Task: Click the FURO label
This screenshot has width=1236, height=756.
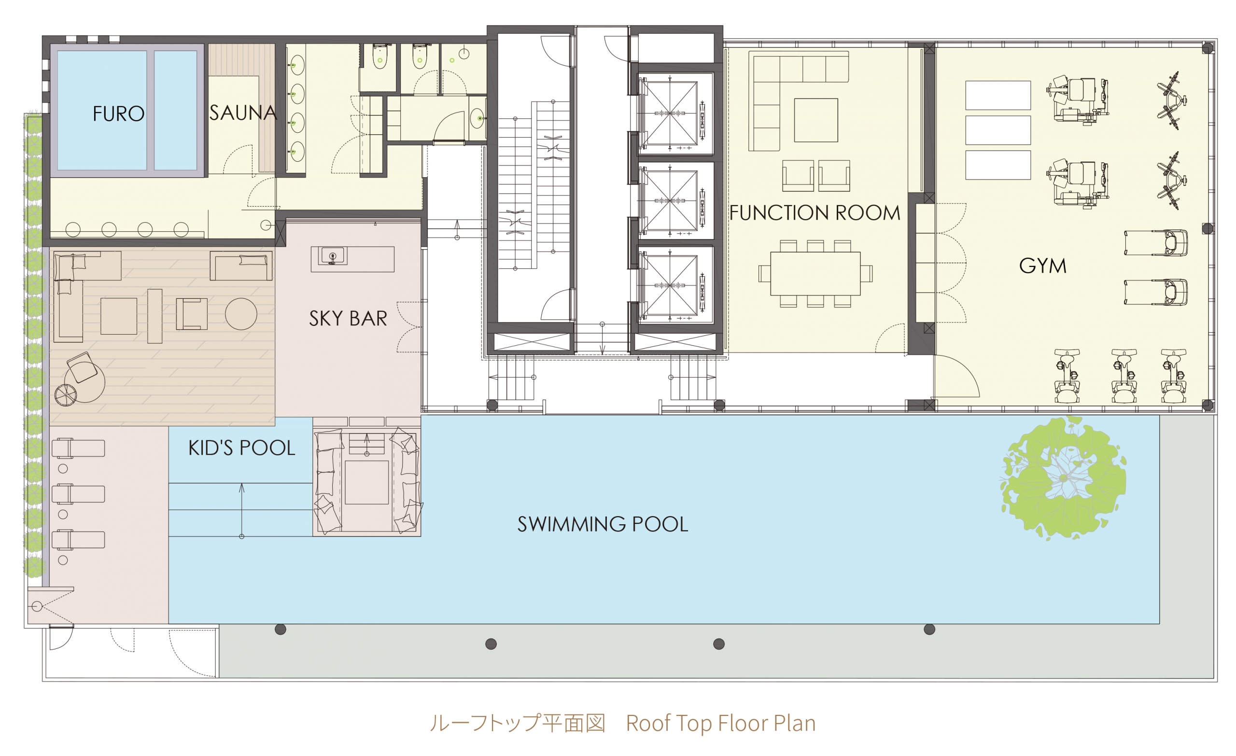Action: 118,114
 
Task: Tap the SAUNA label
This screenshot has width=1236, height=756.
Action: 243,113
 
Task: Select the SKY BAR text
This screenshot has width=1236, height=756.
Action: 348,319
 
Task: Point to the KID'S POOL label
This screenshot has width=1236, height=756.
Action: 242,448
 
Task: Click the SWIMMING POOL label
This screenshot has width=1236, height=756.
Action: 603,524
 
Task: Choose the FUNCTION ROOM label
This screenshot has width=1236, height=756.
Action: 815,213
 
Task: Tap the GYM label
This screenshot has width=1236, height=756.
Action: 1043,266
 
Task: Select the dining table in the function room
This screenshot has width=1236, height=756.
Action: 815,273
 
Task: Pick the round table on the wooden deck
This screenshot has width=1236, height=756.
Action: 241,314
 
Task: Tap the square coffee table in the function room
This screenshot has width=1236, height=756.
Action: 815,120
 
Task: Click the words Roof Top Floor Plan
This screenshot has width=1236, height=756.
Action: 721,723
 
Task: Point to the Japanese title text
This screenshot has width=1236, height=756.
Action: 518,723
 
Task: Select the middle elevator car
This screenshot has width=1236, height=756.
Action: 670,201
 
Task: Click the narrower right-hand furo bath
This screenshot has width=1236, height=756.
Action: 176,111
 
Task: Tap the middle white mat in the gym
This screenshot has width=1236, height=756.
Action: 998,130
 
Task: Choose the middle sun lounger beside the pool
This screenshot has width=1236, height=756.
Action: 78,494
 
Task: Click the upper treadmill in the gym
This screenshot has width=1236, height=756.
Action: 1156,243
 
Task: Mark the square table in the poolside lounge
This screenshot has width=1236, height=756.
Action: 366,483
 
